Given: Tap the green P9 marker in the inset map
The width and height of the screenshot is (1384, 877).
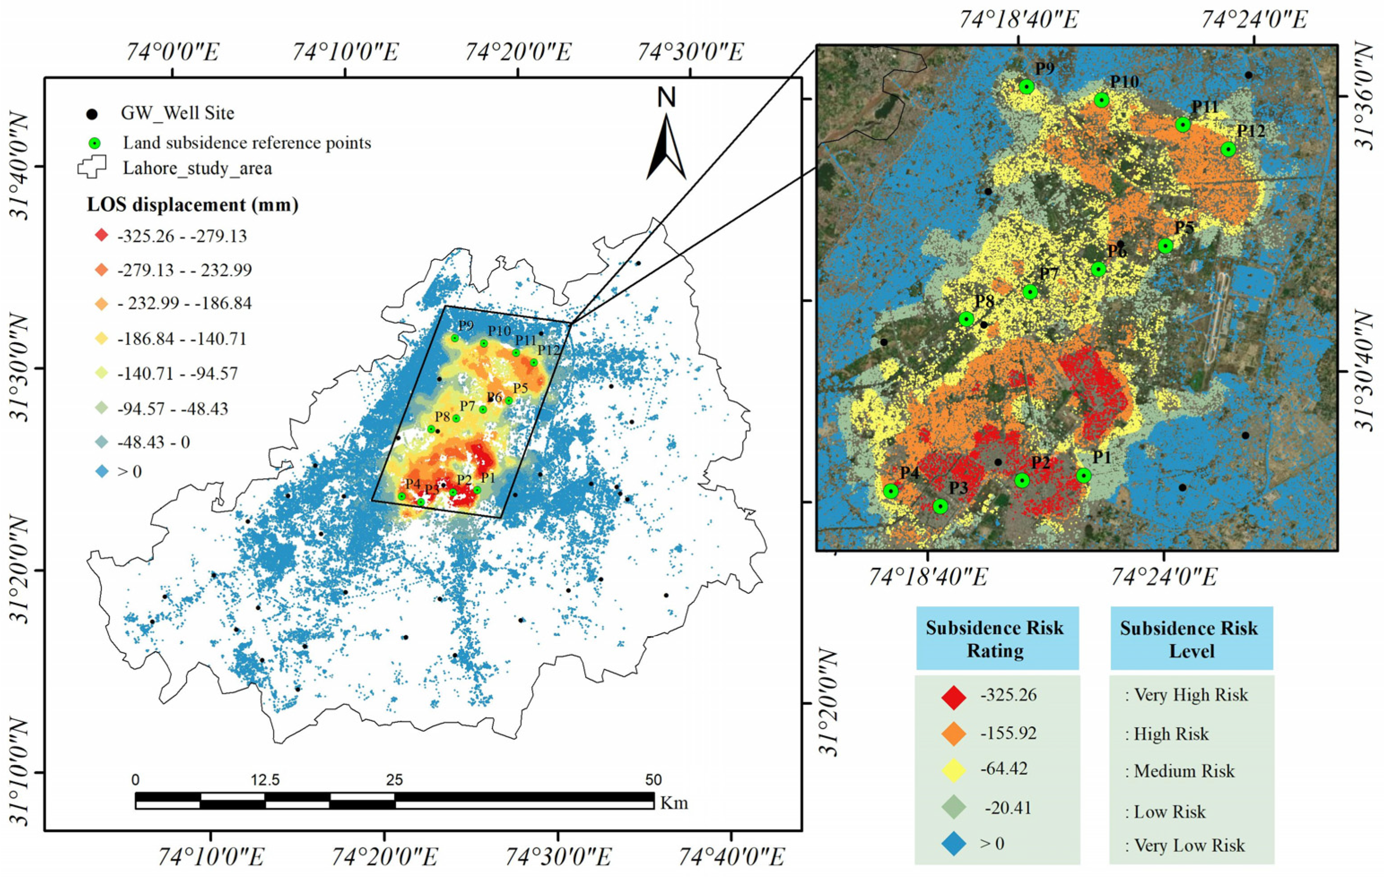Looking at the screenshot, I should point(1026,87).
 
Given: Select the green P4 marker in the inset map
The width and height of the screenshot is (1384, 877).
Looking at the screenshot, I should point(891,491).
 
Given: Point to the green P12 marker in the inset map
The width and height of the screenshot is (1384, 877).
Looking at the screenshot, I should point(1228,149).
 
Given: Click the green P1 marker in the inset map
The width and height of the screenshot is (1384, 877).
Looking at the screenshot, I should point(1083,475).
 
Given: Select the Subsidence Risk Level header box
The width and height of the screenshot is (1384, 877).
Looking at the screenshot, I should point(1191,639).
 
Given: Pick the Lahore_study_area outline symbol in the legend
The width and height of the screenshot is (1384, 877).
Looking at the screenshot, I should point(92,167).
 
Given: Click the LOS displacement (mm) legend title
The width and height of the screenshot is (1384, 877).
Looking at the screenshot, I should point(193,205).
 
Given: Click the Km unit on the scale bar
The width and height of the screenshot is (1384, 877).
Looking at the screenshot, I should point(673,803).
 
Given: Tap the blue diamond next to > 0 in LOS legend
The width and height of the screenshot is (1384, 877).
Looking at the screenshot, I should point(102,472).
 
